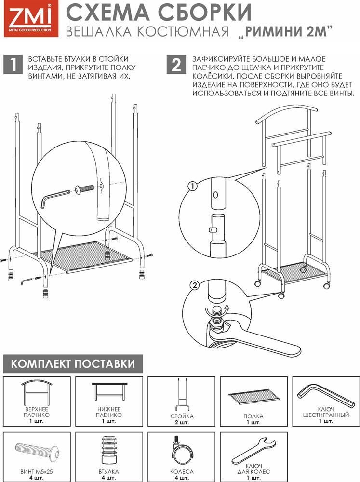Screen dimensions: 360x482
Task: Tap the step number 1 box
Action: coord(13,65)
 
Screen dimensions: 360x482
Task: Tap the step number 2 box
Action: coord(176,65)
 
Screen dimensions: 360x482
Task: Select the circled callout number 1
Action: coord(192,186)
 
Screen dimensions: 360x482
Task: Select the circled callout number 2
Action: coord(195,285)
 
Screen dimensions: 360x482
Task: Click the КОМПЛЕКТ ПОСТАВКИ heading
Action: coord(73,363)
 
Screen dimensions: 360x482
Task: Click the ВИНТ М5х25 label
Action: coord(37,471)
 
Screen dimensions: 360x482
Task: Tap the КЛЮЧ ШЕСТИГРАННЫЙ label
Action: coord(326,412)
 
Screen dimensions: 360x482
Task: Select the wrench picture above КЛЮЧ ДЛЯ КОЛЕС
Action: coord(253,450)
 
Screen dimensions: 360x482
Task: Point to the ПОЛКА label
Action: coord(253,416)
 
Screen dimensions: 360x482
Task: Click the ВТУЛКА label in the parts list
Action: coord(109,471)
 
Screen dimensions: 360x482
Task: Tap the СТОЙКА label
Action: coord(182,416)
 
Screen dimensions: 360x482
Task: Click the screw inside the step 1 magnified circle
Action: coord(84,188)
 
